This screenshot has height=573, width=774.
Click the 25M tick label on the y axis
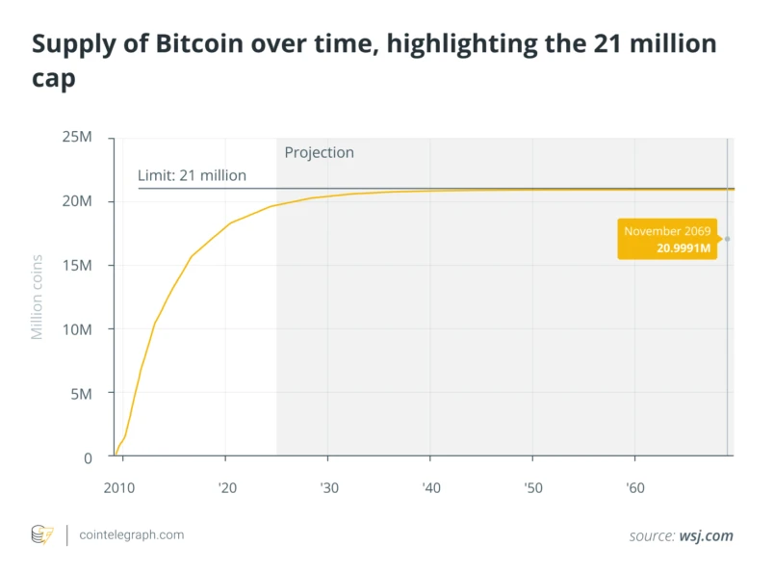[x=77, y=137]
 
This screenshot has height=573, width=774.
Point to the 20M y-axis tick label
[x=77, y=201]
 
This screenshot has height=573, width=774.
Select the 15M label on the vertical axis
[x=77, y=265]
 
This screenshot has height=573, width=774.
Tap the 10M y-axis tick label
[x=77, y=329]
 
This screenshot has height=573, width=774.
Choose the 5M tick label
[x=82, y=394]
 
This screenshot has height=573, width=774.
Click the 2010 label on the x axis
[x=119, y=488]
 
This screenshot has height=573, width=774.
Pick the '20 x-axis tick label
[x=227, y=488]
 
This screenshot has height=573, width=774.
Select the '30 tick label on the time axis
[x=329, y=488]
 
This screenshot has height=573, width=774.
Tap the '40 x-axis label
[x=431, y=488]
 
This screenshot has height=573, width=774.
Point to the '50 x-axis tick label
[x=533, y=488]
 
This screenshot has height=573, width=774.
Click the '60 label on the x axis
[x=635, y=488]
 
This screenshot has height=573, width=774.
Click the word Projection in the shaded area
[x=320, y=152]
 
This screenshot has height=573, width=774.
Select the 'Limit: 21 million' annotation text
[x=192, y=175]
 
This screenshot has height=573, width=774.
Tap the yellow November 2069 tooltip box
[x=667, y=239]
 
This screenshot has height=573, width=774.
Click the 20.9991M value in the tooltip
[x=684, y=247]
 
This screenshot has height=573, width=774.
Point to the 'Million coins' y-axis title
[x=37, y=298]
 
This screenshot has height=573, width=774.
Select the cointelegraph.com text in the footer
[x=132, y=535]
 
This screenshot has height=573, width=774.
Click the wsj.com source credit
[x=707, y=536]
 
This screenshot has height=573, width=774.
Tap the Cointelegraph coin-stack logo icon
[x=42, y=535]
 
